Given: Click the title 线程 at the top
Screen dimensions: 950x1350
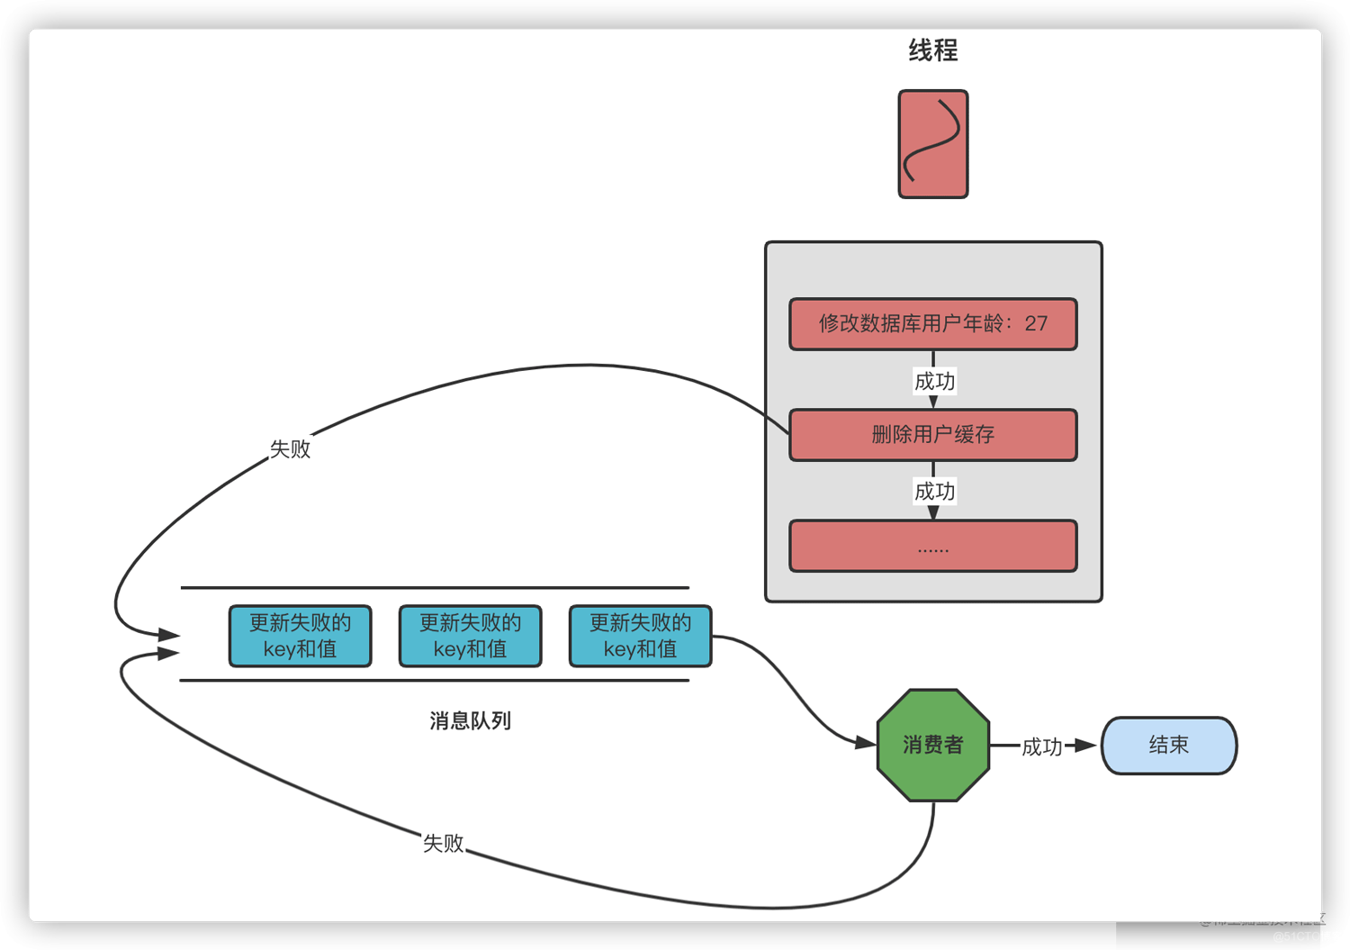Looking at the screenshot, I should click(932, 50).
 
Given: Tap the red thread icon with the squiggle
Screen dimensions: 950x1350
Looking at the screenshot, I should click(932, 144).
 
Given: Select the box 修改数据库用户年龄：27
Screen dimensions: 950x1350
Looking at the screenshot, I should click(932, 324).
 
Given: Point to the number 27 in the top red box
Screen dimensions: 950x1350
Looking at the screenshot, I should click(1036, 324).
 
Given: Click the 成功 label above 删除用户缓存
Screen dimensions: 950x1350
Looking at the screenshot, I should click(934, 382).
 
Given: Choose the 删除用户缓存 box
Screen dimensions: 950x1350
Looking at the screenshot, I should click(932, 435).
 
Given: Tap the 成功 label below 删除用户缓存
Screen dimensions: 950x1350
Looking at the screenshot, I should click(934, 492).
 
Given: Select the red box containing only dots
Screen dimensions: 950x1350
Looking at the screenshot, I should click(932, 546).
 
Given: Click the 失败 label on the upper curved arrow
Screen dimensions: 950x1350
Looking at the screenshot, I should click(290, 449).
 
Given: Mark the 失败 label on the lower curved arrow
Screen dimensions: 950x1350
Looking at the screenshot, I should click(443, 844).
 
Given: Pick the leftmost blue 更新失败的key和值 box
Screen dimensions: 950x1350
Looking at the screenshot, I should click(300, 636).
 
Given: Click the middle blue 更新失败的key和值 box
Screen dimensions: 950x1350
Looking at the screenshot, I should click(470, 636).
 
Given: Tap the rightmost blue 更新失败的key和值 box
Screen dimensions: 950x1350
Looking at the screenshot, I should click(640, 636).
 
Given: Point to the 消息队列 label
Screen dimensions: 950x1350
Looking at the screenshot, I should click(470, 721).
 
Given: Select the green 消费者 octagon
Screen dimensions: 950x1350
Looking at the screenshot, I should click(932, 746).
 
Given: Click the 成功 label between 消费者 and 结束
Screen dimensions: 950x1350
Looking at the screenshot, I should click(1041, 746).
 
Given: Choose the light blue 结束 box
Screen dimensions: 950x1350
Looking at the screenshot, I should click(1168, 746).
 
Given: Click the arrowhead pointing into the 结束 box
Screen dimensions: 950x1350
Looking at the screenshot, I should click(1086, 746).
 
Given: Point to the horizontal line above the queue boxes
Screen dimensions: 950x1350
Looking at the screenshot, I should click(435, 588).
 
